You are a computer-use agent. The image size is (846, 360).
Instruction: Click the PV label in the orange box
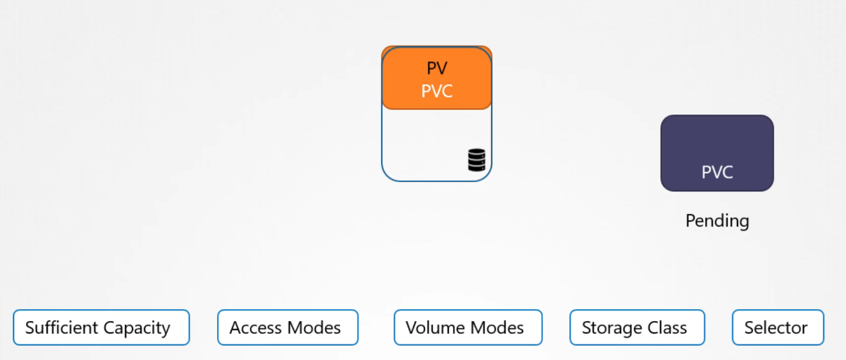(436, 69)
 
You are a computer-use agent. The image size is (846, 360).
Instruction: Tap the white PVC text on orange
(436, 91)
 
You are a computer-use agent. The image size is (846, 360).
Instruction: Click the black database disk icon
(477, 160)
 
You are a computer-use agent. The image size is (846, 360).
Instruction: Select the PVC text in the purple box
(717, 172)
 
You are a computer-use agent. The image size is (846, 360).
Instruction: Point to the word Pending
(717, 221)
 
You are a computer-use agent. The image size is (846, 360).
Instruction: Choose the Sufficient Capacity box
(101, 328)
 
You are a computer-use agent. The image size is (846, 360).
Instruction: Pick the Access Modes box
(287, 328)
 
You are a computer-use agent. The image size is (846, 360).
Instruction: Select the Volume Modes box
(468, 328)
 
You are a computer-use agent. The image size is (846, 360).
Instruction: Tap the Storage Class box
(637, 328)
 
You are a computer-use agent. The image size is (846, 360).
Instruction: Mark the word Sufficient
(62, 328)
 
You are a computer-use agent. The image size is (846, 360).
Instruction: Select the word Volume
(430, 328)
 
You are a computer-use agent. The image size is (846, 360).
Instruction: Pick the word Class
(668, 328)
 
